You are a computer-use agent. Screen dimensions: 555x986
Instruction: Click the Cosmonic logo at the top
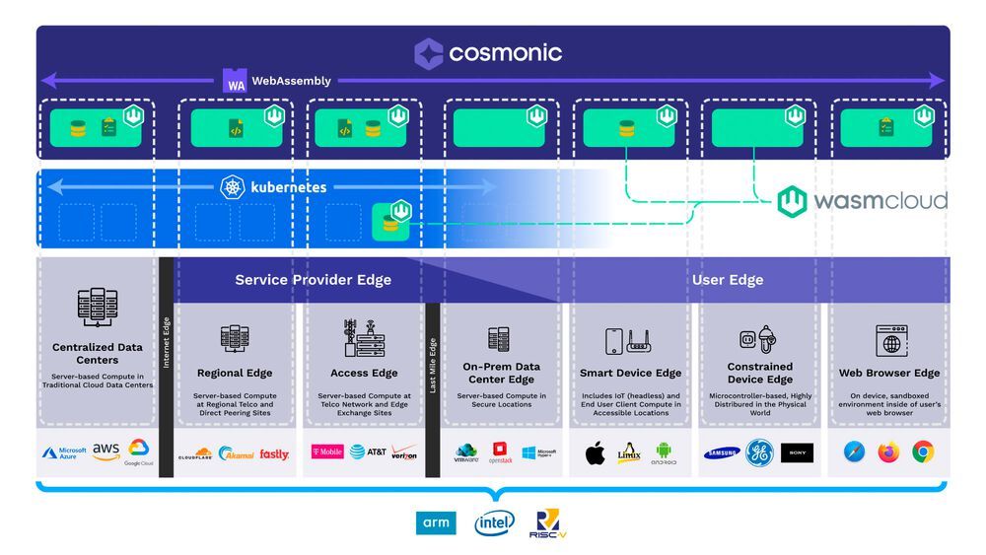(x=429, y=53)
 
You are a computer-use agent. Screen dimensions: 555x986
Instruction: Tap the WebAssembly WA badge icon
(x=235, y=82)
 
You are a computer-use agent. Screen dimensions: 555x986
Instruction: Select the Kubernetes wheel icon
(x=232, y=186)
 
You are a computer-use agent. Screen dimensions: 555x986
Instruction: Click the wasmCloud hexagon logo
(x=793, y=202)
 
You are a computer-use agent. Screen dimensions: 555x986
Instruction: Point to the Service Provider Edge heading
(x=313, y=280)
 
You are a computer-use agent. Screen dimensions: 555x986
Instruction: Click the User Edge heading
(x=728, y=280)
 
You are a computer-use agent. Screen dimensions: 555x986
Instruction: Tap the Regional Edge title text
(x=235, y=374)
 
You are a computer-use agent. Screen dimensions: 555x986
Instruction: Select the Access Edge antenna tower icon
(x=364, y=338)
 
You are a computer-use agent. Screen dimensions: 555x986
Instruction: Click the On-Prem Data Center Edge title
(x=500, y=373)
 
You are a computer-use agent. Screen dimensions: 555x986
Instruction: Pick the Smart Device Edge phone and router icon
(x=630, y=341)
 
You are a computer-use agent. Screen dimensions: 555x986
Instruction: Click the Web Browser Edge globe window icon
(x=891, y=341)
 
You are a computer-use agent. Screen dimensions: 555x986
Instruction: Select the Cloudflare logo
(x=195, y=454)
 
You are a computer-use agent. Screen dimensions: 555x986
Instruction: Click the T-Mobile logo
(x=326, y=452)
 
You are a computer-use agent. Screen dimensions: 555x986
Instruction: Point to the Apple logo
(x=595, y=452)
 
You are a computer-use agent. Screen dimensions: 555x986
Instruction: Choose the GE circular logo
(x=760, y=452)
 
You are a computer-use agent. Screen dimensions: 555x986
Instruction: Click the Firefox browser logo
(x=889, y=452)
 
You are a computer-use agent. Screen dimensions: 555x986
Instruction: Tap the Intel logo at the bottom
(x=494, y=522)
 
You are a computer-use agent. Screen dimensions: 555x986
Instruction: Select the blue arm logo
(x=435, y=522)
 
